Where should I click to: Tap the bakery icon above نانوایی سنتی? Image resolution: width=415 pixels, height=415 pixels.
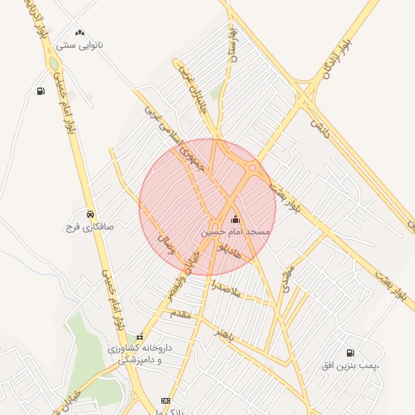pos(79,32)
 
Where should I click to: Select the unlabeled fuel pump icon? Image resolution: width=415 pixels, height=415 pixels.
pos(41,91)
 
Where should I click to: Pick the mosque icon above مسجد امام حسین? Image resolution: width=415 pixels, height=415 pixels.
pos(236,219)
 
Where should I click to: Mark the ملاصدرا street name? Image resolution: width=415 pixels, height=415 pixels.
pos(223,288)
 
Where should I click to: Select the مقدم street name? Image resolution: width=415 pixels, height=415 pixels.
pos(180,312)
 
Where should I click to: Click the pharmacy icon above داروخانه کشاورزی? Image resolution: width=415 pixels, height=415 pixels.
pos(140,337)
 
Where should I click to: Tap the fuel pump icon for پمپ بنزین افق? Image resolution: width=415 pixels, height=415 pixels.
pos(350,353)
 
